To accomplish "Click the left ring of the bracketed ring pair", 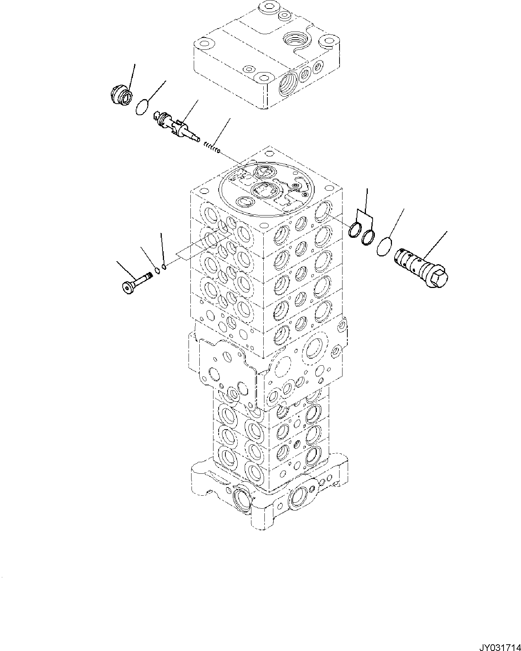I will [x=355, y=231].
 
